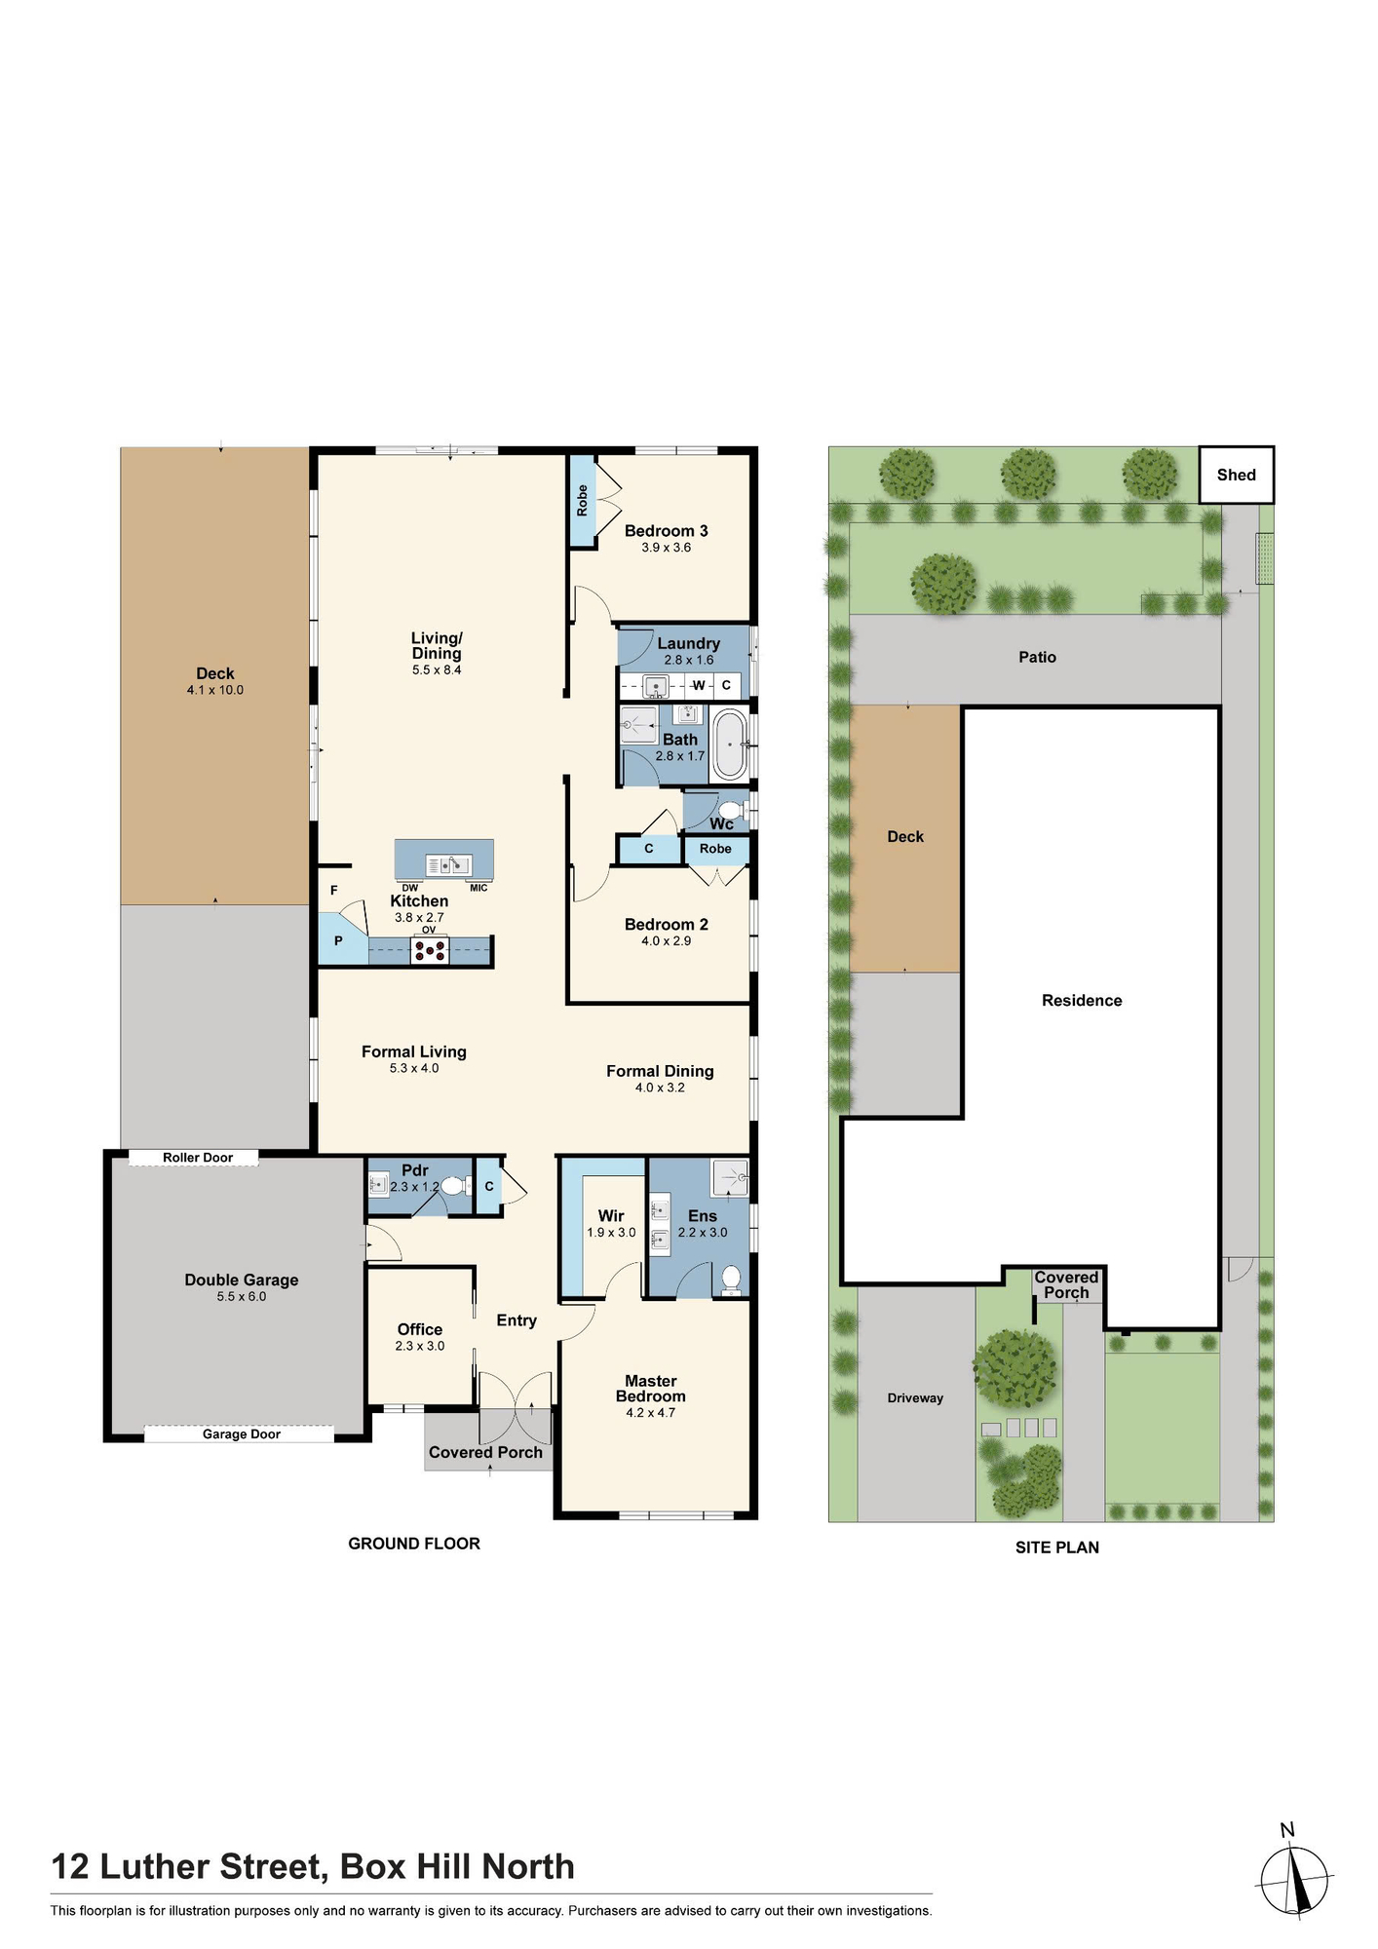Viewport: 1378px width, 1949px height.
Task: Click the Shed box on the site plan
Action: coord(1236,475)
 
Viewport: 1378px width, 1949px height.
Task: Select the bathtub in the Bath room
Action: coord(729,745)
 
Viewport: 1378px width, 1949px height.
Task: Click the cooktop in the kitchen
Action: coord(429,950)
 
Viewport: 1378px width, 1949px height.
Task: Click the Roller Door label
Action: coord(198,1158)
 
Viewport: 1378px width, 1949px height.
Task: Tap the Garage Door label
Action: coord(242,1434)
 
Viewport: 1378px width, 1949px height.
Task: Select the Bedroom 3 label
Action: coord(667,531)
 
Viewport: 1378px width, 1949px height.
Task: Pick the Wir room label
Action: coord(611,1216)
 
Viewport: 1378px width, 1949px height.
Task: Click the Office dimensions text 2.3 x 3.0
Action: coord(420,1346)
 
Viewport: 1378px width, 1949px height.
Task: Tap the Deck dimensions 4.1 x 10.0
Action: coord(215,690)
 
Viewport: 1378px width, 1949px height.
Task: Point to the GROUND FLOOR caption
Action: coord(414,1544)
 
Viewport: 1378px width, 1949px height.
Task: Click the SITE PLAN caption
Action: coord(1057,1548)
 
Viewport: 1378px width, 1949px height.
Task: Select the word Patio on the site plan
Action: coord(1038,658)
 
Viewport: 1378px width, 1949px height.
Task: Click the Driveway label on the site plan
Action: coord(915,1398)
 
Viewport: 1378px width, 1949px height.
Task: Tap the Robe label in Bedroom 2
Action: coord(715,849)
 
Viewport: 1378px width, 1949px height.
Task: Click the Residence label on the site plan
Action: coord(1082,1001)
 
